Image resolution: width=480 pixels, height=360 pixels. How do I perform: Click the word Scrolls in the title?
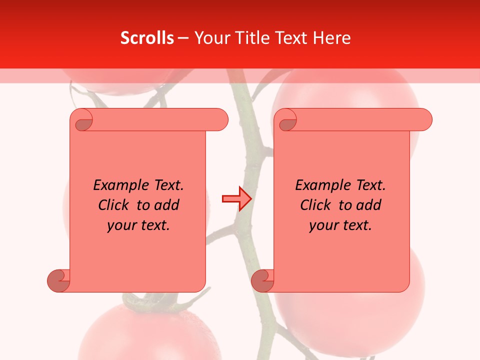147,38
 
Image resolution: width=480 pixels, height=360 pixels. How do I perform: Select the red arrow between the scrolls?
236,199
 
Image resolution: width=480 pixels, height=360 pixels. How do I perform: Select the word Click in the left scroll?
113,205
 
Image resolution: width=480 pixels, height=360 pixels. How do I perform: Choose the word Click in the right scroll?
315,205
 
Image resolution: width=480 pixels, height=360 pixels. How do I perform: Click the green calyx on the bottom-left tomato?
150,302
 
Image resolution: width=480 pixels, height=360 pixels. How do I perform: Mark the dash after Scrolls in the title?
183,38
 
